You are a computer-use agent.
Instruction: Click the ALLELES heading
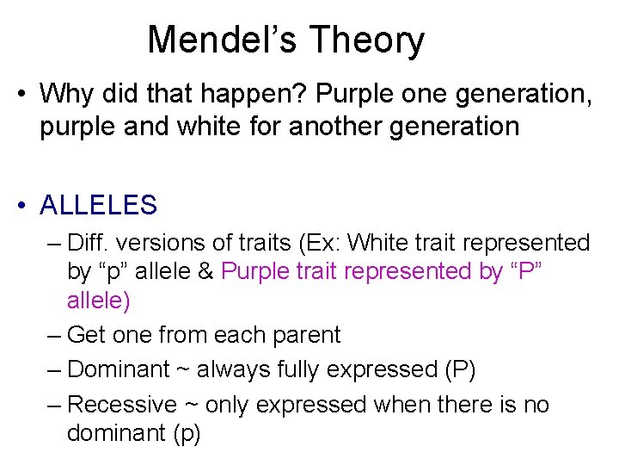(98, 205)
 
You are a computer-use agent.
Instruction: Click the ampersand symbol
(205, 271)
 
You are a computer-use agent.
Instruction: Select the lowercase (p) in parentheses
(186, 433)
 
